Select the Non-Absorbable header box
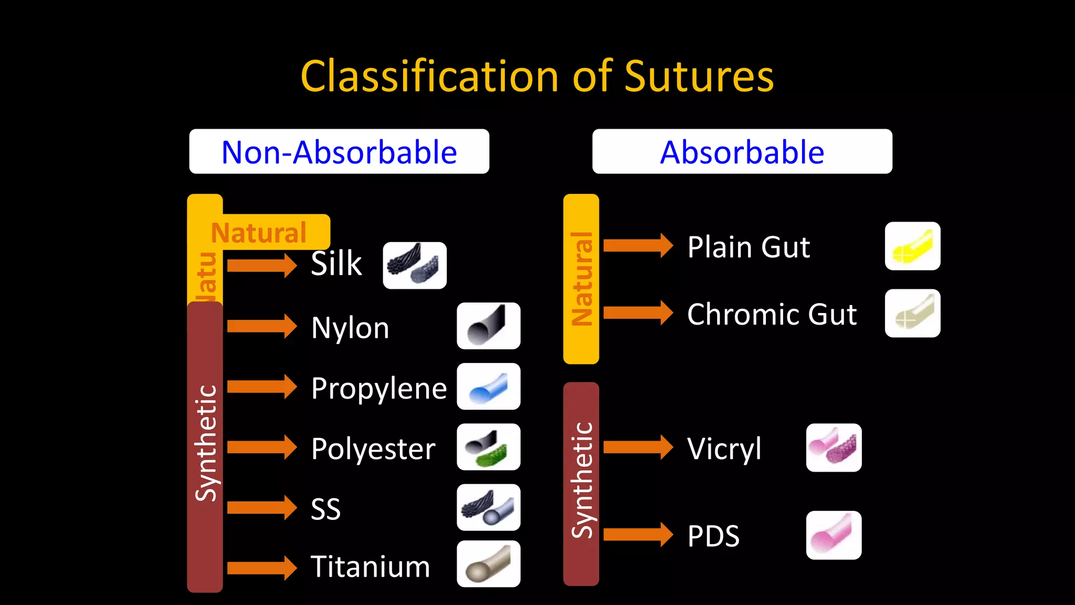339,152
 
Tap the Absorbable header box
742,152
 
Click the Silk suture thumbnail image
415,265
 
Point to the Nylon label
350,328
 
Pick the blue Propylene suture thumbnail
488,387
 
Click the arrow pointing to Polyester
262,447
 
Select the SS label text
325,509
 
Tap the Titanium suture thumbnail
488,564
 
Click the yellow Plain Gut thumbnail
912,246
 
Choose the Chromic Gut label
772,314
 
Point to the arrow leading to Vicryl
638,447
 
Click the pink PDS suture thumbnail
834,535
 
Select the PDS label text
713,536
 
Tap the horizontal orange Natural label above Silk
259,232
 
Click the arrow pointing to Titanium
262,568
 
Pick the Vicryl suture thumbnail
834,447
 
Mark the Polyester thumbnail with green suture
488,447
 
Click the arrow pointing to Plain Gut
638,246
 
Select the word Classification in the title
429,77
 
